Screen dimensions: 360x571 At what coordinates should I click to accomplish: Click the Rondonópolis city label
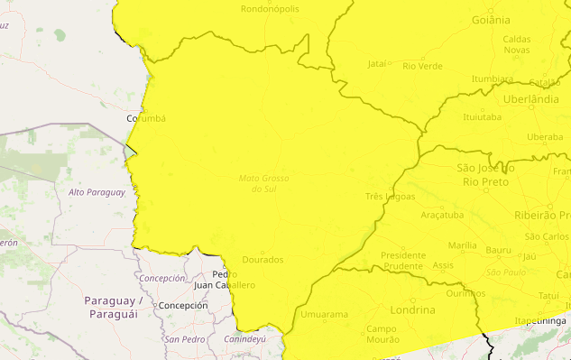270,9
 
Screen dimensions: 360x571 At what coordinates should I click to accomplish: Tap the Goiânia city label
491,19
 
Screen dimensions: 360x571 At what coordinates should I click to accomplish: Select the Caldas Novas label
516,44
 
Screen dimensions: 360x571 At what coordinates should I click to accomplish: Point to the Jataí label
377,64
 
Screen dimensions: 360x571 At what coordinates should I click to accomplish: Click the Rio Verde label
422,66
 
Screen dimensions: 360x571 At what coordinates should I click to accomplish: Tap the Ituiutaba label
482,117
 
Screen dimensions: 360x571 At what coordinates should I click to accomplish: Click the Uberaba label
544,137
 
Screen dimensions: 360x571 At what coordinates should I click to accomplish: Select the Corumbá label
146,118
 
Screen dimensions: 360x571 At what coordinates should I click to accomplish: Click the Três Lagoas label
390,196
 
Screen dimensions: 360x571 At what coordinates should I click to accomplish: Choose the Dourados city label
262,260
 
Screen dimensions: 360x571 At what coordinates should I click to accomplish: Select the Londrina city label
413,309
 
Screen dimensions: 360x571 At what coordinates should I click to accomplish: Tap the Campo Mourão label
382,334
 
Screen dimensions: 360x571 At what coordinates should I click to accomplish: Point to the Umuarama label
323,314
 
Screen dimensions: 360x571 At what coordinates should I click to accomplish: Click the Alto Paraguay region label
97,192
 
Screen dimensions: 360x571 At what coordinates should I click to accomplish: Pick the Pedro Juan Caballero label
225,280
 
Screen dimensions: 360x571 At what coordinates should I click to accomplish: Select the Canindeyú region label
244,339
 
